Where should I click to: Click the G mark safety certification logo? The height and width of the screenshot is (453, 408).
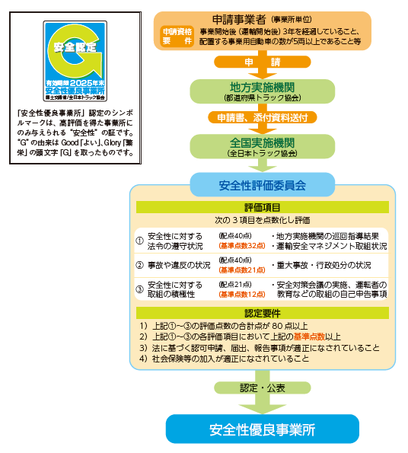tap(75, 61)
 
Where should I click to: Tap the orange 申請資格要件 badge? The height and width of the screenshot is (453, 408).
tap(177, 36)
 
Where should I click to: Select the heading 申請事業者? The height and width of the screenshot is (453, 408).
tap(239, 20)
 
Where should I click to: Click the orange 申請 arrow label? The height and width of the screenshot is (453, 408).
tap(262, 62)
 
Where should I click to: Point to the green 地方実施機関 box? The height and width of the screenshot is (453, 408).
tap(262, 91)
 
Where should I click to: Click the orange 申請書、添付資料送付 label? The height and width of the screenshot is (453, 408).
tap(262, 117)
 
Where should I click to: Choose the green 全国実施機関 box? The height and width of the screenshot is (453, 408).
tap(262, 146)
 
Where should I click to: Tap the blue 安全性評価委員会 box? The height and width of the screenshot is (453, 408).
tap(262, 185)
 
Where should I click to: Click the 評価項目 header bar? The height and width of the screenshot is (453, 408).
tap(262, 207)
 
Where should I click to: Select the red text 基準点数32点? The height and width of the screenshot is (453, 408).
tap(242, 246)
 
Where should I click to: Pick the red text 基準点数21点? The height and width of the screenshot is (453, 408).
tap(242, 270)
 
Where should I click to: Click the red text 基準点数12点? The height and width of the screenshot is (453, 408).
tap(242, 294)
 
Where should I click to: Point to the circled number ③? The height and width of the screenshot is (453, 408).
tap(140, 289)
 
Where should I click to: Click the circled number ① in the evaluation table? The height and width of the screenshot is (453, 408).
tap(140, 241)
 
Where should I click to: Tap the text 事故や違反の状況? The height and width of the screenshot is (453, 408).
tap(179, 265)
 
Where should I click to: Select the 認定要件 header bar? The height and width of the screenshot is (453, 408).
tap(262, 313)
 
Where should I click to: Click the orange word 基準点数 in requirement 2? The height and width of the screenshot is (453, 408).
tap(309, 337)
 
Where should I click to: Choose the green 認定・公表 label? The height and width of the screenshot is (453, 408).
tap(262, 388)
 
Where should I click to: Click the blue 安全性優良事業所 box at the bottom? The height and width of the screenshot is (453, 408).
tap(262, 429)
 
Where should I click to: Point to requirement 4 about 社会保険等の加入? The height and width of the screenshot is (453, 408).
tap(224, 359)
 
